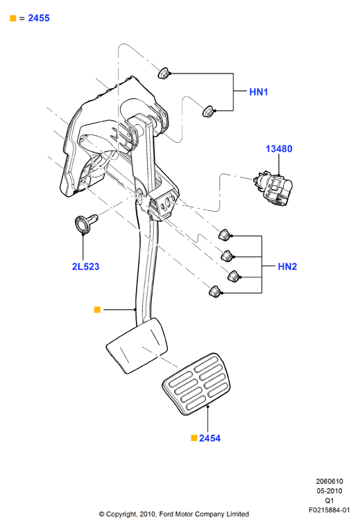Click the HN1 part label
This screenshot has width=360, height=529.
click(259, 92)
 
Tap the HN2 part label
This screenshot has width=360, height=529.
click(287, 266)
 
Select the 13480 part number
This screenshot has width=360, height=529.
click(279, 149)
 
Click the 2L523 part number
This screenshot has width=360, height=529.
click(86, 266)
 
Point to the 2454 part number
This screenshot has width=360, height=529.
click(209, 438)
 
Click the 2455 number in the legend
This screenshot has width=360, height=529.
click(39, 18)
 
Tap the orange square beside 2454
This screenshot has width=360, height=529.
click(194, 438)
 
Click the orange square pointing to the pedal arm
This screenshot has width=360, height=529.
click(97, 310)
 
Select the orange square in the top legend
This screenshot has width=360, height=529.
click(12, 18)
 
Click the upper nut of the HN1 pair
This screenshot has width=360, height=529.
click(164, 73)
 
